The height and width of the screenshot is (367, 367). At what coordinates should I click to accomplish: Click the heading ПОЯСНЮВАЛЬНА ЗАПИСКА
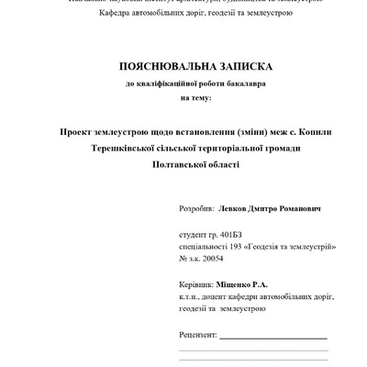[183, 68]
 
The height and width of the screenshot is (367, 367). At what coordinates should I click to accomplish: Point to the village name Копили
[326, 132]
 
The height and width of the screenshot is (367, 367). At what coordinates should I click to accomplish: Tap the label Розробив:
[195, 208]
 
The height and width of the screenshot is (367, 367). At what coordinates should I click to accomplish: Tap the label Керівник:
[196, 285]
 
